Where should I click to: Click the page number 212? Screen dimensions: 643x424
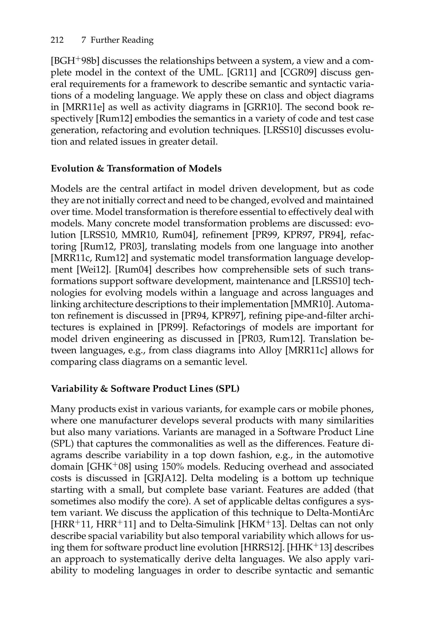(x=57, y=40)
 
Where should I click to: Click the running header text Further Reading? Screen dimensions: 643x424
(x=122, y=40)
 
